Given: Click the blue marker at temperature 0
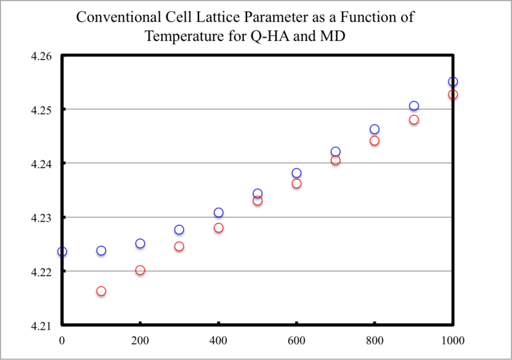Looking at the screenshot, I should [62, 252].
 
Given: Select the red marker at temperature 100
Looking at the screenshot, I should [101, 291].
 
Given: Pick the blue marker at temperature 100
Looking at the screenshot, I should [101, 250].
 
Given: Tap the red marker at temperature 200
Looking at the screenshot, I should [140, 270].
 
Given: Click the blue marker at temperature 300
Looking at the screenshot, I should [179, 230].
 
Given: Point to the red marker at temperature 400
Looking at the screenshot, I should [218, 228].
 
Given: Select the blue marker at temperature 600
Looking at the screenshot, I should [296, 173].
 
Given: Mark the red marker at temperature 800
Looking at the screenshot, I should [374, 141].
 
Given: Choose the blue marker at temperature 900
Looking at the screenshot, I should [414, 106].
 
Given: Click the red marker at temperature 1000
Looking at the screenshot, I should [453, 95].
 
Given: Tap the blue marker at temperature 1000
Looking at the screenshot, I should [453, 81].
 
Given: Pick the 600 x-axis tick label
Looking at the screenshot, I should [296, 340].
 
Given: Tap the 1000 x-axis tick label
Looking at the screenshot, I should [453, 340].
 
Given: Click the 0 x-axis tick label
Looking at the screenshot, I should [62, 340].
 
